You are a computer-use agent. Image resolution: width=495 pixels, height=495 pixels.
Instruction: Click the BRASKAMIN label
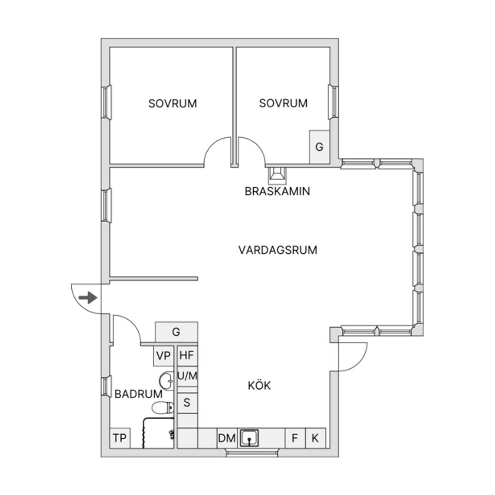point(277,191)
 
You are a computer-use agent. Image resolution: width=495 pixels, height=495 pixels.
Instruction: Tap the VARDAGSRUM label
point(277,250)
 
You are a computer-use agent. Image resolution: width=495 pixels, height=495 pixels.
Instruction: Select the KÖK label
point(259,386)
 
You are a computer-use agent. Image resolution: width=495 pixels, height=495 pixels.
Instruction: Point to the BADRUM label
point(138,394)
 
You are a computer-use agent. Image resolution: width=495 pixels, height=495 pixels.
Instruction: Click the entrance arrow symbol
point(89,298)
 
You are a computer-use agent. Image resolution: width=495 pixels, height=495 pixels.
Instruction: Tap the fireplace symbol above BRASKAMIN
point(277,175)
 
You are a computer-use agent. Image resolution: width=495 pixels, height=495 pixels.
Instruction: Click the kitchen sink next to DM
point(249,439)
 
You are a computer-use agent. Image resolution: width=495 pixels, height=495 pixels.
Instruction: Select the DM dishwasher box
point(226,439)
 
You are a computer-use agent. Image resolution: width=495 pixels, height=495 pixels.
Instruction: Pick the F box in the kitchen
point(295,439)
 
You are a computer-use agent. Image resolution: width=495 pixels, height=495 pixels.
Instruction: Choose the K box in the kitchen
point(316,439)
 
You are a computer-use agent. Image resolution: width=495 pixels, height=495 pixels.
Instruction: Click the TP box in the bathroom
point(120,439)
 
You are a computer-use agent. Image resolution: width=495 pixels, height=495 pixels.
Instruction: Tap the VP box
point(163,356)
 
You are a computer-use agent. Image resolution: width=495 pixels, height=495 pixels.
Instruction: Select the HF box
point(187,356)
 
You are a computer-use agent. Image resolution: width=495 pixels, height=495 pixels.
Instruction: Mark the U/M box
point(187,376)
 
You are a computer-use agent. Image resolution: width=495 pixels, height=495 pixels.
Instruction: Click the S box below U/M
point(187,402)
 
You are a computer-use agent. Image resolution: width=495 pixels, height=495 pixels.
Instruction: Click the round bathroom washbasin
point(167,381)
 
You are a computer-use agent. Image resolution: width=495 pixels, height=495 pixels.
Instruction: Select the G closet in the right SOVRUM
point(319,147)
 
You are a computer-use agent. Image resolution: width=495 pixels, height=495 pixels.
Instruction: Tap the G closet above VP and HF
point(176,332)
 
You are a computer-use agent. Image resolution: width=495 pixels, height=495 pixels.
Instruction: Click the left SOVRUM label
point(173,103)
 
